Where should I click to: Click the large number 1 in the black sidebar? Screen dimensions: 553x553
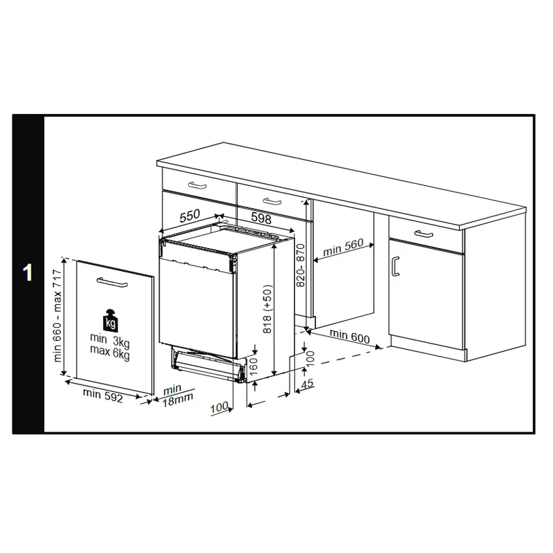click(28, 272)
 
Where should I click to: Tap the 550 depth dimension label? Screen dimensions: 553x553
click(189, 216)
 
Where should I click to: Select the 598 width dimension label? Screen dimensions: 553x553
click(261, 218)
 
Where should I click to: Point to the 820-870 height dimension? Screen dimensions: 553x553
click(301, 265)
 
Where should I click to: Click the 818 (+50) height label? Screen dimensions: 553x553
click(268, 309)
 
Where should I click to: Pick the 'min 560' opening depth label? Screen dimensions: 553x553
click(343, 247)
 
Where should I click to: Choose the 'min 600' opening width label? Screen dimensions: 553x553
click(350, 336)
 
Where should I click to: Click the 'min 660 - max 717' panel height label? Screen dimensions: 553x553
click(57, 316)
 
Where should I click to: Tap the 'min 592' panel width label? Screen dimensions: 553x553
click(102, 395)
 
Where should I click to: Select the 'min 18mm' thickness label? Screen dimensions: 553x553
click(178, 396)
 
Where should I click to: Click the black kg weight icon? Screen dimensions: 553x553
click(110, 320)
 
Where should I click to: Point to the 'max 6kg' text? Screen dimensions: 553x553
click(110, 353)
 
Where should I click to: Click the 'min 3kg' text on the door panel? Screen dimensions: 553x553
click(110, 341)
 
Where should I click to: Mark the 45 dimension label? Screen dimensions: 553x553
click(308, 383)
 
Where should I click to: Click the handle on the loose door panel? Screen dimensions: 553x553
click(112, 282)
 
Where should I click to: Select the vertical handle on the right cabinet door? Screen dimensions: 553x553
click(395, 266)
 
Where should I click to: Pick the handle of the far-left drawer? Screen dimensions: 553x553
click(197, 185)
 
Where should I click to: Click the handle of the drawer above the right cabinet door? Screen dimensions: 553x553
click(424, 234)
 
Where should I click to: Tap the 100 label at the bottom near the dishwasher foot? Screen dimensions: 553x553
click(219, 408)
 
